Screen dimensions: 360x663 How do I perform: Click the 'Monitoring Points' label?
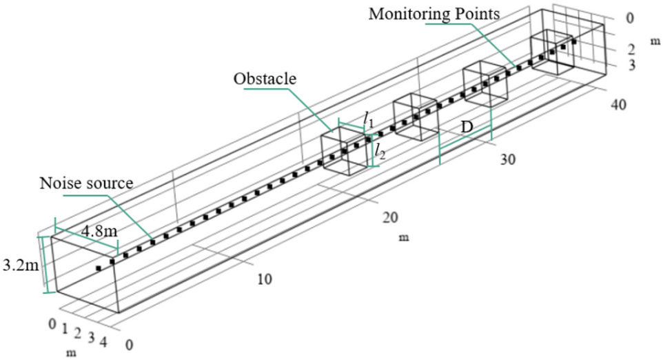(x=434, y=13)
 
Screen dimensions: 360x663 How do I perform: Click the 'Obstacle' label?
(x=265, y=79)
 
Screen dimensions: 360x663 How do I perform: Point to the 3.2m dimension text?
(x=19, y=264)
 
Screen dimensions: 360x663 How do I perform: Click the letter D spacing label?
(x=467, y=128)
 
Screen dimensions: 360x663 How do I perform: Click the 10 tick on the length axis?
(x=265, y=279)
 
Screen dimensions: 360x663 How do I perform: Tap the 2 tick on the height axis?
(x=630, y=50)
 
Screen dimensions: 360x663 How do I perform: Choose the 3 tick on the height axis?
(x=630, y=66)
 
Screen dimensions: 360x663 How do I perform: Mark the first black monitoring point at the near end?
(x=99, y=268)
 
